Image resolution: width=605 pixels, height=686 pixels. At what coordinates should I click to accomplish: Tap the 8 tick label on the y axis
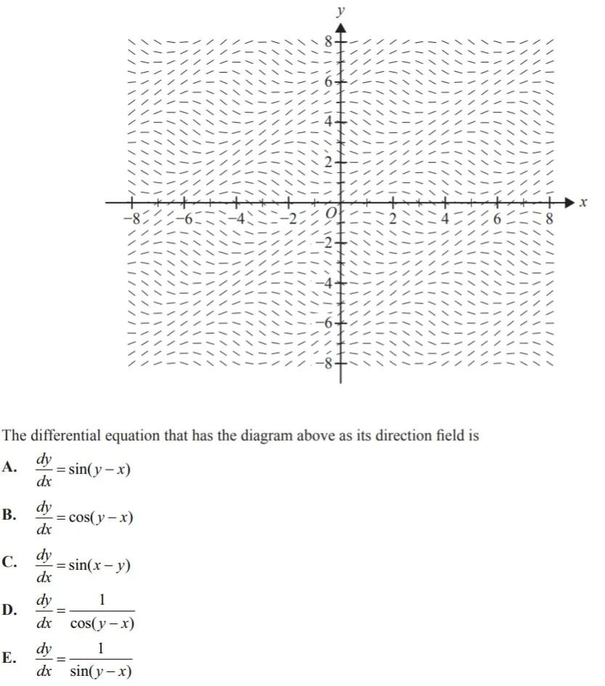(x=328, y=42)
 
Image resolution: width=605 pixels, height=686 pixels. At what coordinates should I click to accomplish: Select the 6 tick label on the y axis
(x=328, y=83)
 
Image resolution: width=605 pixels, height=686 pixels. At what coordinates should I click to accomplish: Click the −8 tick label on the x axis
(x=131, y=218)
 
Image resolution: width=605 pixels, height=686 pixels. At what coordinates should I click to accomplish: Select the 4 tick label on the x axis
(x=446, y=218)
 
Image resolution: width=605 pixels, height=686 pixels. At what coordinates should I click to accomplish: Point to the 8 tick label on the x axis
(x=550, y=218)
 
